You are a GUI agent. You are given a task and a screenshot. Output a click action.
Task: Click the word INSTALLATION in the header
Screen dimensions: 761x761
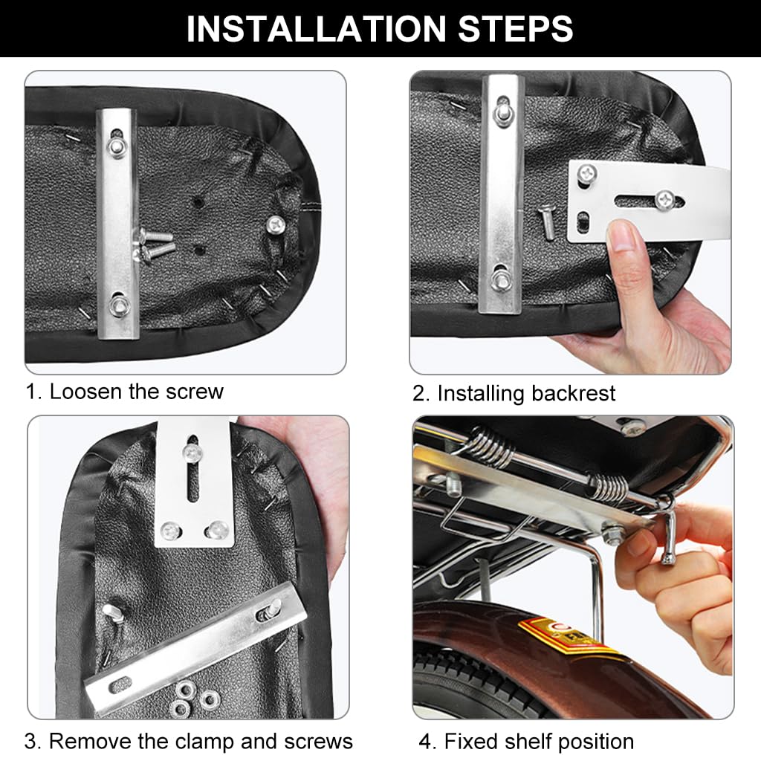tap(316, 29)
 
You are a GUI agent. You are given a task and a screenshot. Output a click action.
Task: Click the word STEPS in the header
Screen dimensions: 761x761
tap(516, 29)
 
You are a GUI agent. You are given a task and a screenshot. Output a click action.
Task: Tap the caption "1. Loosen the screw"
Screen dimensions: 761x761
tap(124, 392)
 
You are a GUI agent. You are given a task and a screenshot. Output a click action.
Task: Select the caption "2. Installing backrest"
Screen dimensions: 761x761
tap(514, 394)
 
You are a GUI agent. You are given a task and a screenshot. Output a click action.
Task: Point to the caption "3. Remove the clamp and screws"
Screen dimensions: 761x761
tap(188, 742)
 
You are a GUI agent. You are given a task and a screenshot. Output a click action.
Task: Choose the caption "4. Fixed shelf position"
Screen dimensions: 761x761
tap(526, 742)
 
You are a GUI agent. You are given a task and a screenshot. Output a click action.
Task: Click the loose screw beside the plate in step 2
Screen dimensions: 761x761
tap(547, 224)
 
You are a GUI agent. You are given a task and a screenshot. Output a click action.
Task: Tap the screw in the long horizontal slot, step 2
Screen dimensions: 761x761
tap(664, 199)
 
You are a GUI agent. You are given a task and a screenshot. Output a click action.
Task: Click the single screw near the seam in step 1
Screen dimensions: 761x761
tap(276, 224)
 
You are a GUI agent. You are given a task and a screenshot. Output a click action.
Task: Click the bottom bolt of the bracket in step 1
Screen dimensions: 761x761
tap(118, 305)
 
